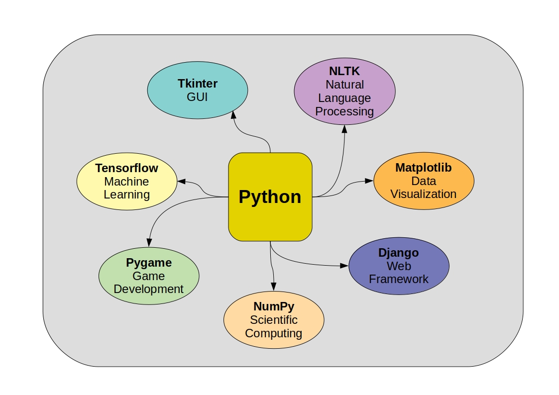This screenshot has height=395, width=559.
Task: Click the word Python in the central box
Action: click(270, 197)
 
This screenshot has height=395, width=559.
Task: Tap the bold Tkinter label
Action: click(198, 83)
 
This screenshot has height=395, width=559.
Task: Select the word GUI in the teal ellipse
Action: click(198, 97)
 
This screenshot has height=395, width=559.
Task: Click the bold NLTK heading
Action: click(344, 71)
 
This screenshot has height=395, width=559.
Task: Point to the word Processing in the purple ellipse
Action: click(344, 111)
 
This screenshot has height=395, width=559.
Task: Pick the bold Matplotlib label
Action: click(424, 168)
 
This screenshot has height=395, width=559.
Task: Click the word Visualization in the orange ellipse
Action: click(424, 194)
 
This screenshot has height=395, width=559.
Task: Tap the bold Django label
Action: click(399, 253)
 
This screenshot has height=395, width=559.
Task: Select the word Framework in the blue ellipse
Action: click(399, 279)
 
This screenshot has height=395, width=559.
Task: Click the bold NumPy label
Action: click(274, 306)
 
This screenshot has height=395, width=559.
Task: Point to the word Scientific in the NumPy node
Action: click(274, 320)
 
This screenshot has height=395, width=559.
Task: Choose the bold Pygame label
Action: click(149, 263)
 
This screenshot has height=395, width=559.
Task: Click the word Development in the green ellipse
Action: click(149, 289)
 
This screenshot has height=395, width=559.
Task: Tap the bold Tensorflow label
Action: click(127, 168)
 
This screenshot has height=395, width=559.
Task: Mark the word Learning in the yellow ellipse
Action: click(127, 195)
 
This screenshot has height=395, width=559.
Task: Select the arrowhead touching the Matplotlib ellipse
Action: click(369, 181)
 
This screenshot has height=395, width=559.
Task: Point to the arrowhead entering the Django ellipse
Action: click(344, 266)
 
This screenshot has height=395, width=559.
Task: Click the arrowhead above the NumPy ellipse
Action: click(274, 287)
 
